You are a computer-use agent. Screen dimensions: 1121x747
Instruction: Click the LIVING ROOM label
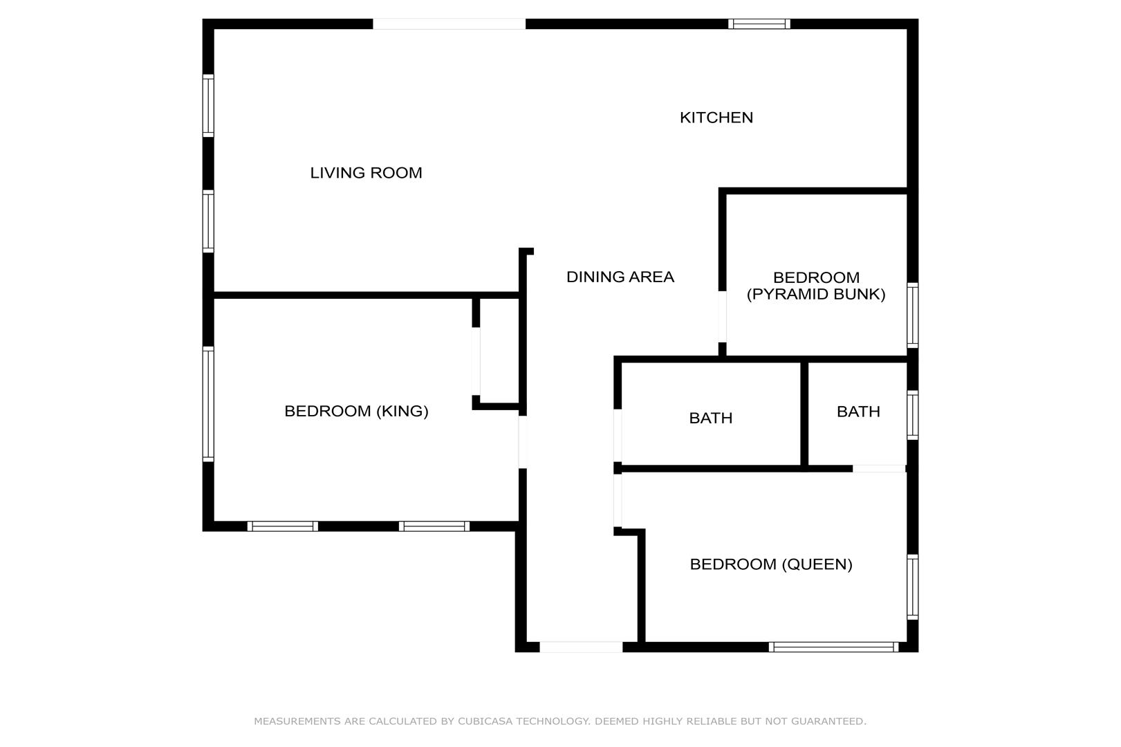(366, 173)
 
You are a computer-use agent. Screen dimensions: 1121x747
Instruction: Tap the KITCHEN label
(716, 118)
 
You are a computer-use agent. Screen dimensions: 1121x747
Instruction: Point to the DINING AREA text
(620, 277)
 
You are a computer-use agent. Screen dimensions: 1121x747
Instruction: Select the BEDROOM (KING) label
(356, 411)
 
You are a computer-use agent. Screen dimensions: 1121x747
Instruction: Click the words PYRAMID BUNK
(816, 295)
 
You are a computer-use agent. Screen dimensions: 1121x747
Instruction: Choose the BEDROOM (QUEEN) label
(771, 564)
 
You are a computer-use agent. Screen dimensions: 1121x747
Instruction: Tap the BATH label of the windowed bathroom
(858, 412)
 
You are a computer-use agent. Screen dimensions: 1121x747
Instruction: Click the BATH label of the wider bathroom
(711, 418)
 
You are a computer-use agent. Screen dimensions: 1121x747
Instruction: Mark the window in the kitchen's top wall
(759, 24)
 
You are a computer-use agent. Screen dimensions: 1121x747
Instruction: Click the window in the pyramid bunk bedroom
(913, 315)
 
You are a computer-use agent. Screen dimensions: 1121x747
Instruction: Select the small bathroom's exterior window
(913, 415)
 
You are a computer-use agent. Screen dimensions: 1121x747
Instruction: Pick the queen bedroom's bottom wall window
(834, 647)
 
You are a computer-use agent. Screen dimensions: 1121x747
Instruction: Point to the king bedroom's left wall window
(208, 404)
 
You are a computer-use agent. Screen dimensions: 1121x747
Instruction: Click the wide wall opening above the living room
(449, 24)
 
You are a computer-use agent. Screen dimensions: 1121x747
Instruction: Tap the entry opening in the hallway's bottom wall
(581, 647)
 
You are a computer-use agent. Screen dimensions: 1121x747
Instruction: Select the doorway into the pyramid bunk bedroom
(722, 317)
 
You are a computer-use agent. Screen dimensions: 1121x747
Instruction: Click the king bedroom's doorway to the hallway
(523, 442)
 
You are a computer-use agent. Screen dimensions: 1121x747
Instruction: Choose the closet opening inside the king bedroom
(476, 362)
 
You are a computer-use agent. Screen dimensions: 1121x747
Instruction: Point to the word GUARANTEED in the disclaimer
(828, 721)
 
